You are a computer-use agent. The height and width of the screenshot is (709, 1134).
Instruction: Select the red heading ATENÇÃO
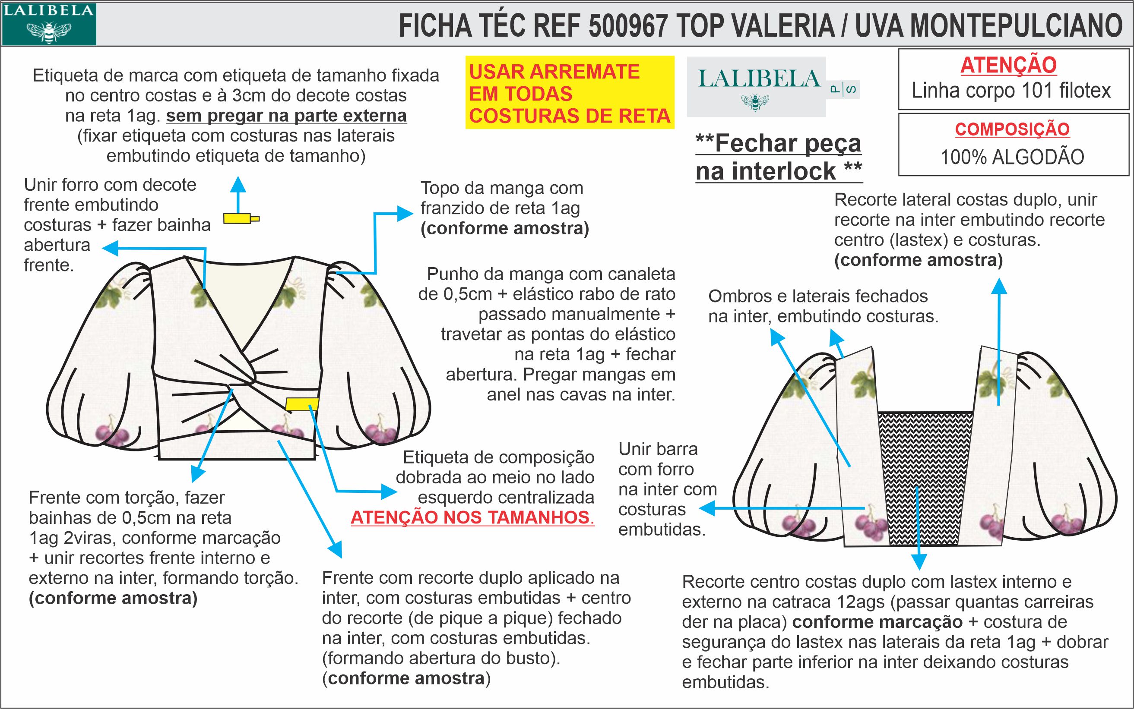pos(1008,65)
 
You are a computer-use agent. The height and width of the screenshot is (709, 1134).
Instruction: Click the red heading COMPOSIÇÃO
pos(1012,129)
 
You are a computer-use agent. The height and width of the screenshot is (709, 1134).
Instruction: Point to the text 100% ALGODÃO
pos(1012,157)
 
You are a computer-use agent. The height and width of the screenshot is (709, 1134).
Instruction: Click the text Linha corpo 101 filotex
pos(1011,91)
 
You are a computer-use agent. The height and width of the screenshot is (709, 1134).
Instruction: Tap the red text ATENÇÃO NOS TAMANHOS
pos(472,517)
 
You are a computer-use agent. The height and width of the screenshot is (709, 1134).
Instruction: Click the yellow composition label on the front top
pos(302,404)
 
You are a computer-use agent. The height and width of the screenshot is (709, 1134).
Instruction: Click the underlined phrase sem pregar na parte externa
pos(286,116)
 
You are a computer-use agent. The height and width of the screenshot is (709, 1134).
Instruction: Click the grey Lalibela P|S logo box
pos(756,86)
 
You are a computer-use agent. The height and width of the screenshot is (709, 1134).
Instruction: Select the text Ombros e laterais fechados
pos(818,296)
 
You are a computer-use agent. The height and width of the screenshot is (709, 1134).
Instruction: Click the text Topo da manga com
pos(501,189)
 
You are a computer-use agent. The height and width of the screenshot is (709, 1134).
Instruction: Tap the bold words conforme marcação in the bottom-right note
pos(877,622)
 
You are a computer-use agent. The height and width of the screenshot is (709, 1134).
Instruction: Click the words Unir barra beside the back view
pos(658,449)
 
